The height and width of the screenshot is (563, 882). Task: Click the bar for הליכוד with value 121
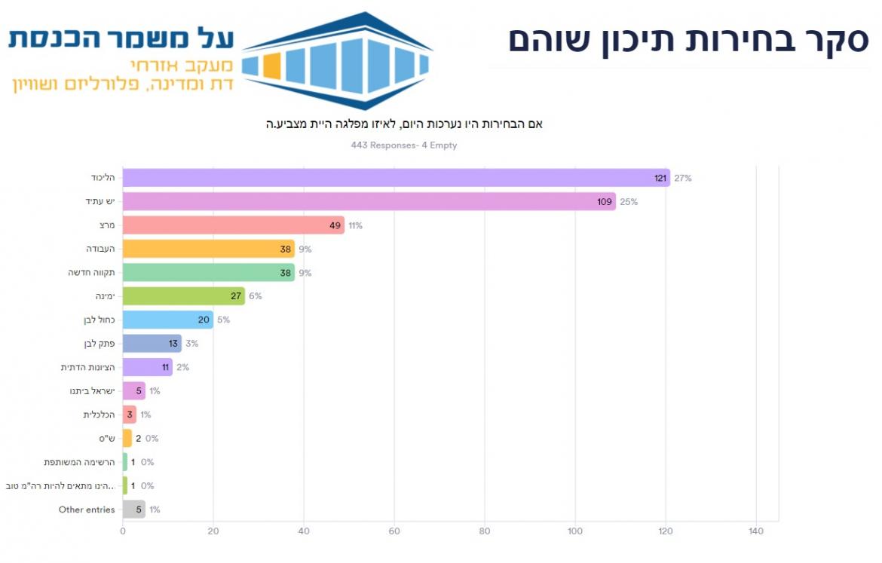pyautogui.click(x=396, y=178)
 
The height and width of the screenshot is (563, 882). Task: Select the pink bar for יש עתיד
pyautogui.click(x=369, y=202)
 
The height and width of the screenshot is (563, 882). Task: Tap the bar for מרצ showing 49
pyautogui.click(x=233, y=225)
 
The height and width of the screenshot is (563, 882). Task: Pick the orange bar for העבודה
pyautogui.click(x=208, y=249)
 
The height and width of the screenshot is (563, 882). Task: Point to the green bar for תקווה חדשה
pyautogui.click(x=208, y=273)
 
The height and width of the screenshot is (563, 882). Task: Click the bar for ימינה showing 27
pyautogui.click(x=183, y=296)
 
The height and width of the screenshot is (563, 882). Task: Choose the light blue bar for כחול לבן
pyautogui.click(x=167, y=320)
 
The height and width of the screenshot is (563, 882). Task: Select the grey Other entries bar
pyautogui.click(x=133, y=509)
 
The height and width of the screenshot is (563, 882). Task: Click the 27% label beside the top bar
pyautogui.click(x=683, y=179)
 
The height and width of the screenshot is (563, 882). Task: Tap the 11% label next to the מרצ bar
pyautogui.click(x=356, y=225)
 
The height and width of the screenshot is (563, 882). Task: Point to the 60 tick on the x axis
pyautogui.click(x=394, y=531)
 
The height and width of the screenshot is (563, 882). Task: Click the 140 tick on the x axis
pyautogui.click(x=756, y=531)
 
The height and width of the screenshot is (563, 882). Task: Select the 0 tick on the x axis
pyautogui.click(x=123, y=531)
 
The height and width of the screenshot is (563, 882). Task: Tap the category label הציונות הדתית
pyautogui.click(x=88, y=367)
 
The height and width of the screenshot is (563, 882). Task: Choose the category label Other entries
pyautogui.click(x=87, y=509)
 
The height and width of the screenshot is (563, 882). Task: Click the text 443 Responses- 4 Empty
pyautogui.click(x=404, y=145)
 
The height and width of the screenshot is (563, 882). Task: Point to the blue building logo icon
pyautogui.click(x=337, y=60)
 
